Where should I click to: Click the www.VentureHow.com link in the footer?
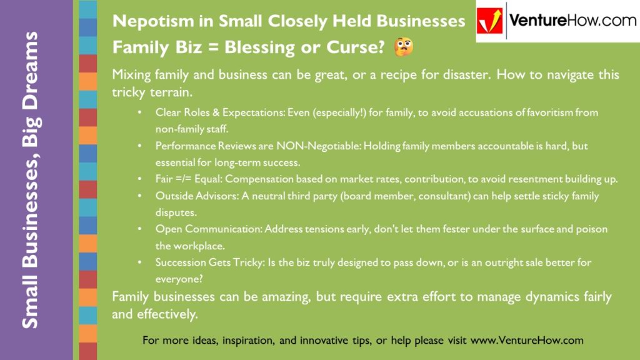click(x=526, y=341)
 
